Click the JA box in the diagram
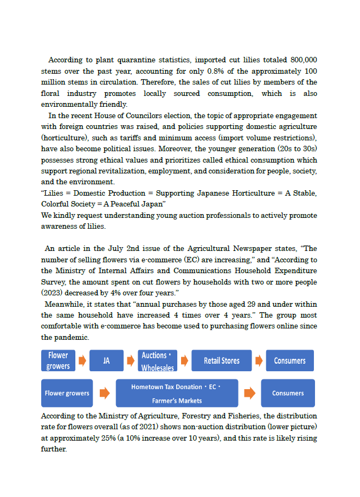(x=106, y=360)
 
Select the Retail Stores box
(x=221, y=360)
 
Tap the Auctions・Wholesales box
(x=157, y=361)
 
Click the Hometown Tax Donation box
(x=177, y=393)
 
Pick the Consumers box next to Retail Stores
(x=290, y=360)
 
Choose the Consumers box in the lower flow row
(x=288, y=393)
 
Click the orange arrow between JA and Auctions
(x=131, y=360)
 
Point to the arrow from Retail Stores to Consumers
(x=259, y=360)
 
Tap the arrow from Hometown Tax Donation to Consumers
(x=249, y=393)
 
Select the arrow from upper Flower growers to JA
(x=82, y=360)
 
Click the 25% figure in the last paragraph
(x=117, y=438)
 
